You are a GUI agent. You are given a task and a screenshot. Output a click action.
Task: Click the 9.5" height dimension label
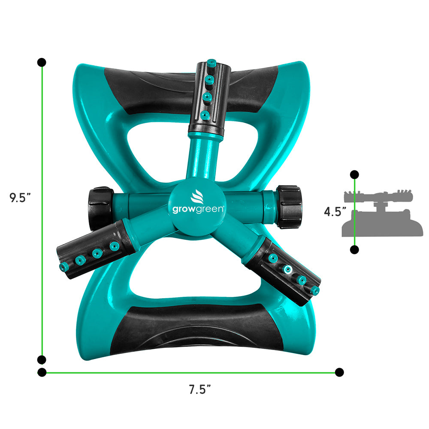(x=20, y=198)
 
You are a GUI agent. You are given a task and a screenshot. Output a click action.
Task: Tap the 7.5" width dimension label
(x=200, y=390)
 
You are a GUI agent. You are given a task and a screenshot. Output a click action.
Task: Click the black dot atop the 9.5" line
(x=42, y=63)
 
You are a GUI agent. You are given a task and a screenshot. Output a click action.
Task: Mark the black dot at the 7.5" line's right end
(x=339, y=372)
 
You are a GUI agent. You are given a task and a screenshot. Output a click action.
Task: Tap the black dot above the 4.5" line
(x=354, y=175)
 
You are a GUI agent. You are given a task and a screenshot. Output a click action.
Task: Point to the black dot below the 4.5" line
(x=354, y=250)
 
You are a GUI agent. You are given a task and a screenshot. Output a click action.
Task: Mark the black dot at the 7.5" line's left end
(x=42, y=372)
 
